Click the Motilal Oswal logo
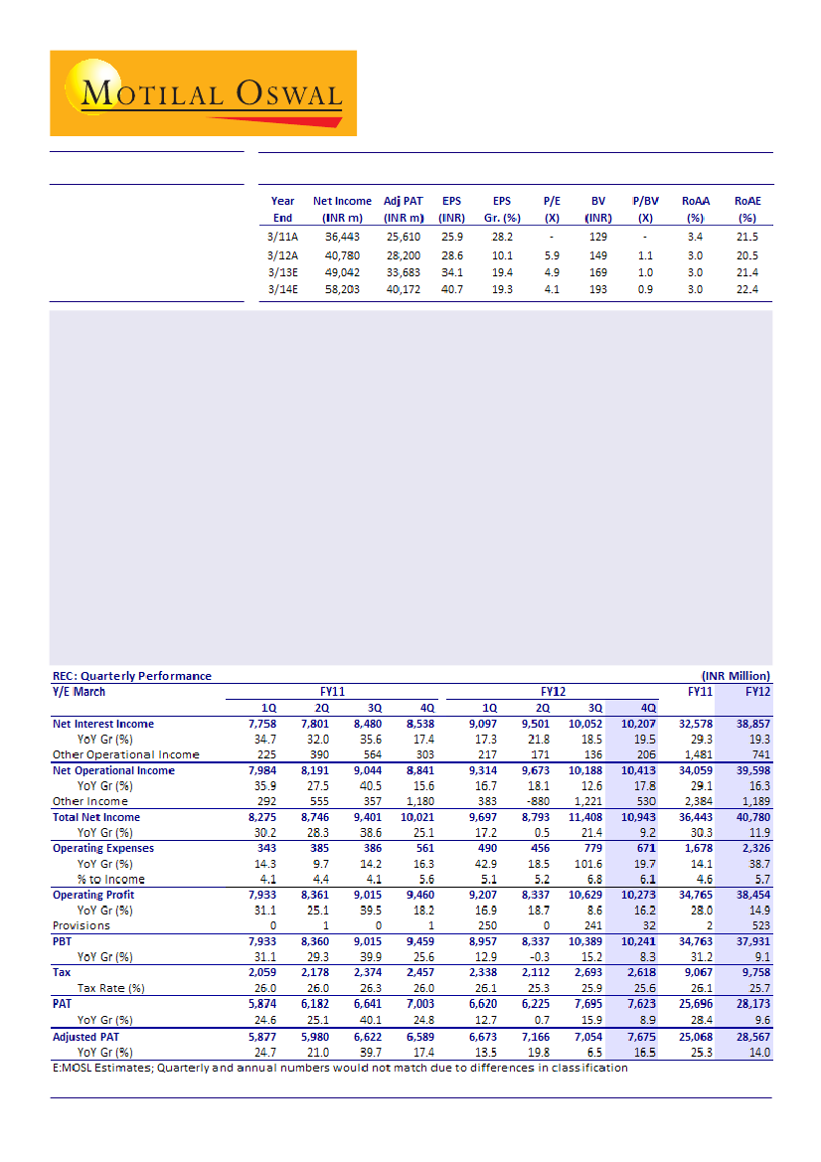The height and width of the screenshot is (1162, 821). coord(203,93)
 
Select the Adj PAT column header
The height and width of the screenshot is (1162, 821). coord(403,209)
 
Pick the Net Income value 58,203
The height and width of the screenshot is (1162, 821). coord(342,289)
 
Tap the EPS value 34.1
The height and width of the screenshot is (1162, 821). coord(451,271)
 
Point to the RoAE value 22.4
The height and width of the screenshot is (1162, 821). coord(747,289)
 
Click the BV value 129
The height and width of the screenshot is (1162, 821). coord(597,237)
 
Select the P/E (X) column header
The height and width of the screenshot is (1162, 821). coord(551,209)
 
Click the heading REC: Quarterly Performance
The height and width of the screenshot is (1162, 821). coord(131,676)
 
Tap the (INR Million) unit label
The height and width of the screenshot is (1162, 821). coord(736,676)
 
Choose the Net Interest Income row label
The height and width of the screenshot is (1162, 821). coord(103,724)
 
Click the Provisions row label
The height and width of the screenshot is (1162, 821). coord(82,925)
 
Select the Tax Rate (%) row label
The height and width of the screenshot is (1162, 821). coord(111,988)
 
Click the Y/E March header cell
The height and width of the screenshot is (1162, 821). coord(79,692)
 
